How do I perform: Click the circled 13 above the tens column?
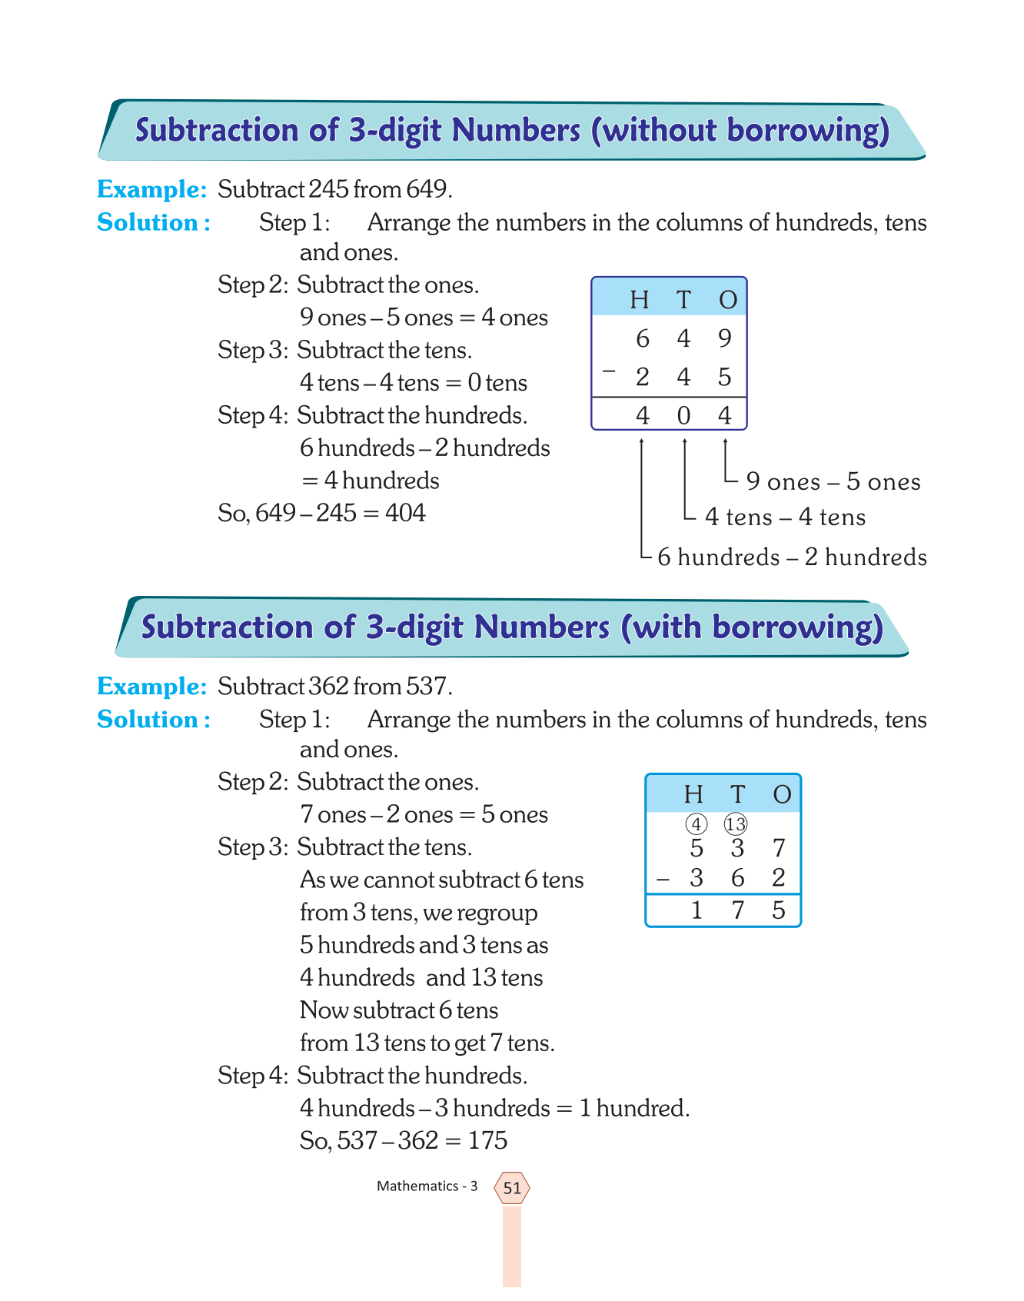coord(736,825)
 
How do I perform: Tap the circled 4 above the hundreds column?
coord(696,825)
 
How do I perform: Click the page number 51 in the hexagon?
coord(512,1188)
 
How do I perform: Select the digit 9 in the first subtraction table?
coord(724,338)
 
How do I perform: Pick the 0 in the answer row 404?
coord(683,416)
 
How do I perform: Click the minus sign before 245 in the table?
coord(610,373)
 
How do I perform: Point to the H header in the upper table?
coord(640,299)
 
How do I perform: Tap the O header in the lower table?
coord(782,794)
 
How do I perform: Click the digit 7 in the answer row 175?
coord(738,911)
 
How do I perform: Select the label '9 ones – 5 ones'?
coord(833,482)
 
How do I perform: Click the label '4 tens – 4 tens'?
coord(785,517)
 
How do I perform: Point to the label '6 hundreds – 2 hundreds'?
coord(792,557)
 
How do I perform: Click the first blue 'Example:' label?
coord(151,189)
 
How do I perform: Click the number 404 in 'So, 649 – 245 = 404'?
coord(405,513)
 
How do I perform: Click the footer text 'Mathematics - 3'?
coord(427,1186)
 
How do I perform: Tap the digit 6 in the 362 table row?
coord(738,878)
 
